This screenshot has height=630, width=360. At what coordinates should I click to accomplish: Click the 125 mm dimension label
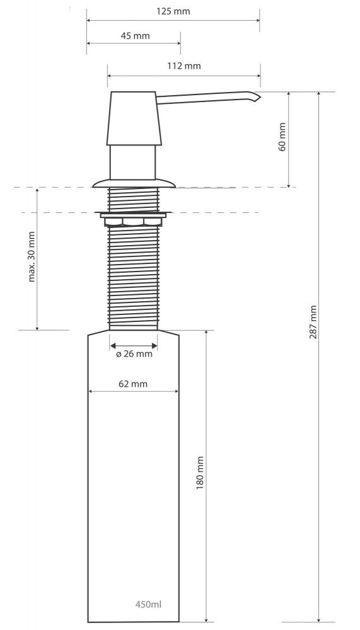173,11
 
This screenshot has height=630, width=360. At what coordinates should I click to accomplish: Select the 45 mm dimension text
135,36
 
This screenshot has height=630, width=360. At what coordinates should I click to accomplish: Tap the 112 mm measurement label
184,66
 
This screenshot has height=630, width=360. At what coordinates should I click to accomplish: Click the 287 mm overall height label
313,322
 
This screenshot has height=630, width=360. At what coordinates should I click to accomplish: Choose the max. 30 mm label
32,256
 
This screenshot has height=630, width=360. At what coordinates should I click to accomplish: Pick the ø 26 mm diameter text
134,354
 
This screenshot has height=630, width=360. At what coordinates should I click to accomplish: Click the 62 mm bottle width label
133,384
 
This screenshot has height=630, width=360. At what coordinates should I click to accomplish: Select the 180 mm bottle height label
200,472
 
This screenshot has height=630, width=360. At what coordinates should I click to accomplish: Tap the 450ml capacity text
148,604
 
